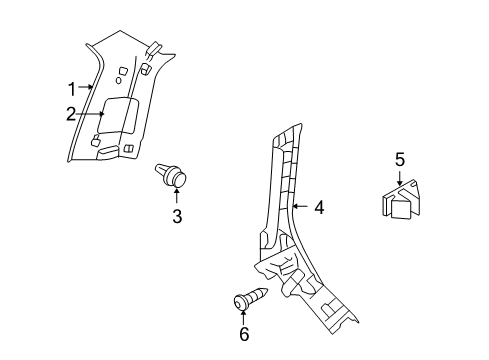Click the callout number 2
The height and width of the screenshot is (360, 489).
[70, 114]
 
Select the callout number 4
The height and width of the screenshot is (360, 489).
[318, 208]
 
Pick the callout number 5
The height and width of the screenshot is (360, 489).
[399, 158]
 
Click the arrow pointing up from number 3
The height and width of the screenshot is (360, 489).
[177, 197]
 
